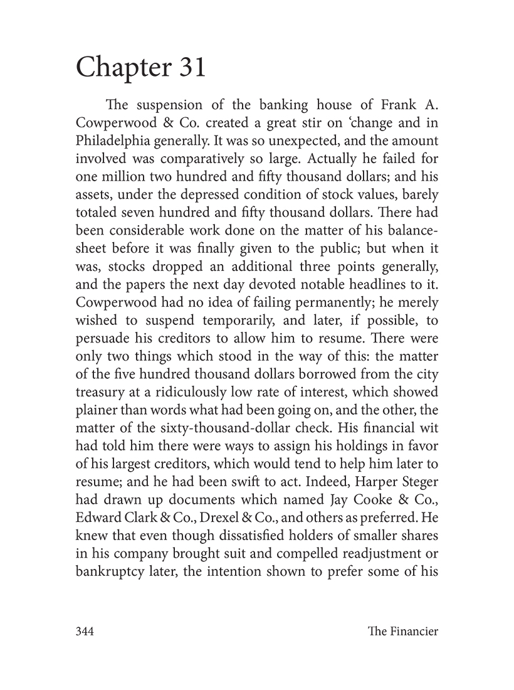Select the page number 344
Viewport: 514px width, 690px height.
pyautogui.click(x=85, y=632)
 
